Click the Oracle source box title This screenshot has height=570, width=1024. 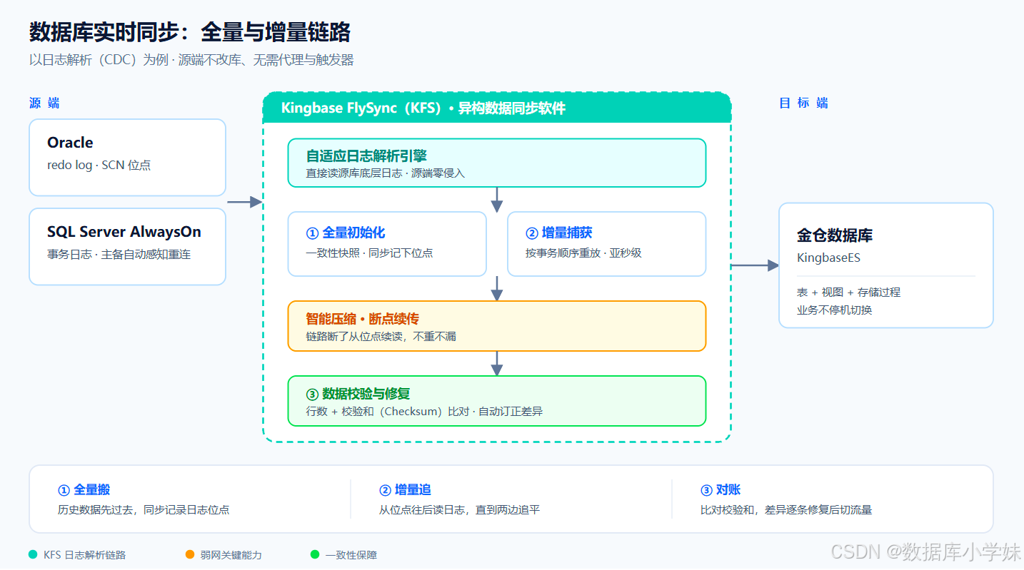pos(70,143)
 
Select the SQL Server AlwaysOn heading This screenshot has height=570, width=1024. pos(124,232)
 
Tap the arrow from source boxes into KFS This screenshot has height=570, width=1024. pos(244,202)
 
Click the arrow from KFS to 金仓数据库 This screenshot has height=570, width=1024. pos(755,265)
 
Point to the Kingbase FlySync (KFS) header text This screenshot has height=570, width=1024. pos(423,108)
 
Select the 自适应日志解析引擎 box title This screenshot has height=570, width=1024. pos(366,156)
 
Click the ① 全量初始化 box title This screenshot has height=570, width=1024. pos(346,233)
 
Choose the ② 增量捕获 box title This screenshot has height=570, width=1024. pos(558,233)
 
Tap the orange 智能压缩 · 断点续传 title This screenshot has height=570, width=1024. pos(362,319)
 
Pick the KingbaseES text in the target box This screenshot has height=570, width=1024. pos(828,258)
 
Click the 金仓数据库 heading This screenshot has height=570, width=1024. pos(835,235)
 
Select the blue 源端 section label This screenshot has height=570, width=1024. pos(44,103)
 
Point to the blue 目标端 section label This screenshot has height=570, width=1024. pos(803,103)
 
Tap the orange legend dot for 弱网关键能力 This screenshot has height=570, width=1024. pos(190,554)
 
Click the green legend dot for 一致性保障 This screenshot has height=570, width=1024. pos(314,554)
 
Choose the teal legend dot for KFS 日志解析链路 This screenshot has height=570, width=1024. pos(33,554)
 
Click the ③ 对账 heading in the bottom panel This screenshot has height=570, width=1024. pos(721,490)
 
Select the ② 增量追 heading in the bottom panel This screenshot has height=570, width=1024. pos(405,490)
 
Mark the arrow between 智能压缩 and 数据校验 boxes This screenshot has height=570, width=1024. pos(497,364)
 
